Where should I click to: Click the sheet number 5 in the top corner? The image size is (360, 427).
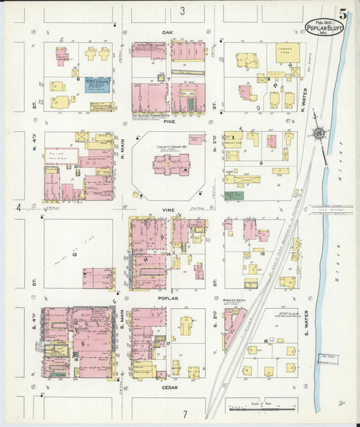(x=344, y=14)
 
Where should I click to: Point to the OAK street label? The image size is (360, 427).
(x=168, y=32)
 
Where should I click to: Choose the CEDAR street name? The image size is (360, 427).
(x=168, y=387)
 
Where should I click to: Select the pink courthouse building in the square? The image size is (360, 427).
(x=170, y=164)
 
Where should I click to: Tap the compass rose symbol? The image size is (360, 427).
(x=319, y=134)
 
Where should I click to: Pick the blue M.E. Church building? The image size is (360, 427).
(x=97, y=86)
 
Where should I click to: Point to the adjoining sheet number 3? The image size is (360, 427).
(x=182, y=11)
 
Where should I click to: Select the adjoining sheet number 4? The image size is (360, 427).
(x=19, y=207)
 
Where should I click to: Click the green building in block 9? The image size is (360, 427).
(x=234, y=195)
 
